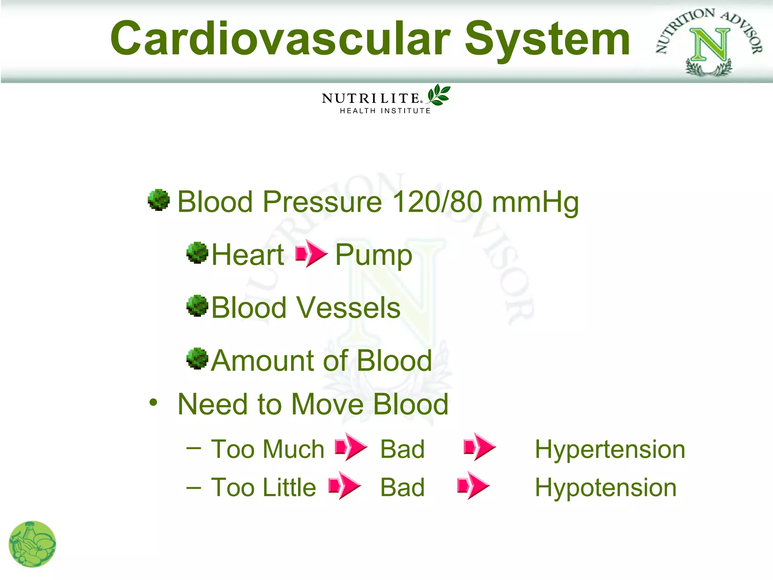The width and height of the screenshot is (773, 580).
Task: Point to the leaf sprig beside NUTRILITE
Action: pos(439,95)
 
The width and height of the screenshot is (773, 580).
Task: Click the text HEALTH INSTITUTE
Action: pos(385,111)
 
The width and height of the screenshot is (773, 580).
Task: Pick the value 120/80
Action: pos(437,202)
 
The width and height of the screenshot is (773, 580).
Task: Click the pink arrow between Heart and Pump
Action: pos(311,253)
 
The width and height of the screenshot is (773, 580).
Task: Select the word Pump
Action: pos(374,255)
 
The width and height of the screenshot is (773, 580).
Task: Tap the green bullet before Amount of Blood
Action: pos(197,359)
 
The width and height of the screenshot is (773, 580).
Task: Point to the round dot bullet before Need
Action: pos(153,403)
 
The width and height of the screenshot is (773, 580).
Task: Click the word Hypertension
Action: pos(610,449)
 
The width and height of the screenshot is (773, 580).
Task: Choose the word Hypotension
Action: pos(605,487)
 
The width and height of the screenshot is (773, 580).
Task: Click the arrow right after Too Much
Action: pos(351,447)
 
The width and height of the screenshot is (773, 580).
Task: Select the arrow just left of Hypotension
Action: pos(473,486)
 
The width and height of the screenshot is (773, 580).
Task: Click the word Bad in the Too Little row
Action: pos(402,487)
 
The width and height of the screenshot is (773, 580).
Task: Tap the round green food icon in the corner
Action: pos(32,544)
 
